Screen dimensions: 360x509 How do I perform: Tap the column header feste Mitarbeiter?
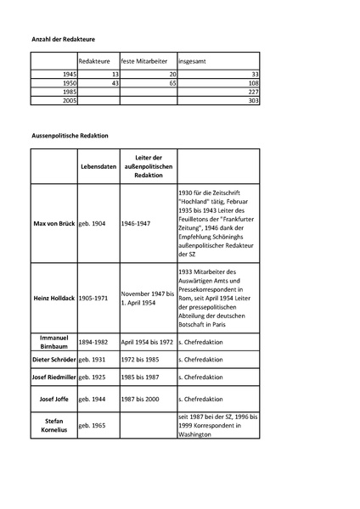[x=148, y=61]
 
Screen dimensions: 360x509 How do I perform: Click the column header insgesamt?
[x=194, y=61]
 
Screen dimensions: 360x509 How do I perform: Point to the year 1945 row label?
[x=68, y=76]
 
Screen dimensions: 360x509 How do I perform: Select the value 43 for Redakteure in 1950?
[x=114, y=84]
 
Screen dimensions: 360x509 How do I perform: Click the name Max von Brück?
[x=53, y=227]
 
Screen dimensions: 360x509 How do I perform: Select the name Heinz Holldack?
[x=53, y=299]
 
